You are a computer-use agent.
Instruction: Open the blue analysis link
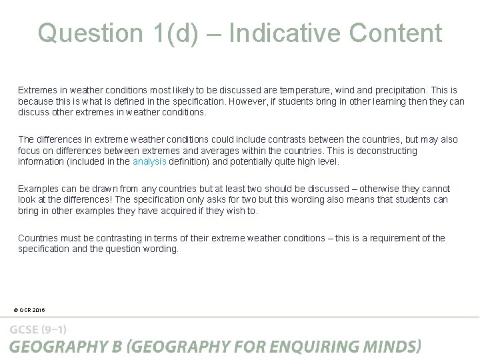point(149,161)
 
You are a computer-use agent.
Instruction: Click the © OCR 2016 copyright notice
point(29,309)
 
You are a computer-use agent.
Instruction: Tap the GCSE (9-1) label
point(38,329)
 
